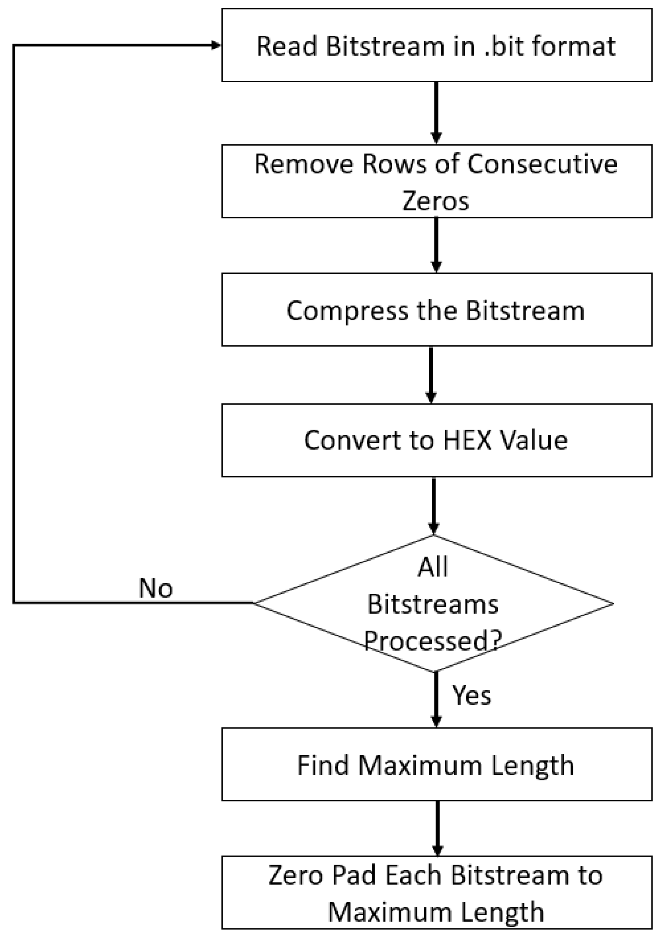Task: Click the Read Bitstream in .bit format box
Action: (436, 45)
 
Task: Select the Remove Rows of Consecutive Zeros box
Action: (436, 181)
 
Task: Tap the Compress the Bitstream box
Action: (436, 310)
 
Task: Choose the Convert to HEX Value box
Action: (436, 441)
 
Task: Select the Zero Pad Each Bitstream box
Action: (436, 893)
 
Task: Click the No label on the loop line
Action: (156, 588)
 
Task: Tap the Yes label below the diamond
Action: (471, 695)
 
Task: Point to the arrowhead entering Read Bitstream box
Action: (216, 45)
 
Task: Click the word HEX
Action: (467, 441)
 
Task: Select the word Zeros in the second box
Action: (435, 201)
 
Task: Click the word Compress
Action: (348, 311)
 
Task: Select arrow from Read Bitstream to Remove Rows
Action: (436, 113)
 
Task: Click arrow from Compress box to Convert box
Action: (431, 374)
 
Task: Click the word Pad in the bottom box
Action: (354, 875)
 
